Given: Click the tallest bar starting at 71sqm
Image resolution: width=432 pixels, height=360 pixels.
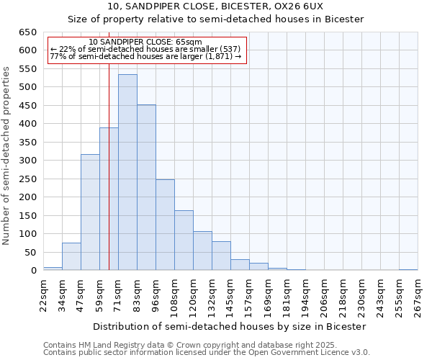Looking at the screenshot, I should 127,173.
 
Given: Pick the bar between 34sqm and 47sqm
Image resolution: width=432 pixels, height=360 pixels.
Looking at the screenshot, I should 71,256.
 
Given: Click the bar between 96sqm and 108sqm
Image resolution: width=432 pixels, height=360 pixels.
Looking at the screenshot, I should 165,225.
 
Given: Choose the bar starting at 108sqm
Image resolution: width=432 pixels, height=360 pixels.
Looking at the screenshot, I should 184,240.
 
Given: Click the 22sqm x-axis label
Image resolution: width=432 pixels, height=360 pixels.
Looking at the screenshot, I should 43,294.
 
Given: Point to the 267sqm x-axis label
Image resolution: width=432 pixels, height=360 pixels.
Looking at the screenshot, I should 418,294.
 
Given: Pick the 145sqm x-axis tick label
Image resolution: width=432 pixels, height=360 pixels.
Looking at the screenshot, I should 230,294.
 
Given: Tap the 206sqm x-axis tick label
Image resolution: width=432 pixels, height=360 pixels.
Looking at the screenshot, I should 324,294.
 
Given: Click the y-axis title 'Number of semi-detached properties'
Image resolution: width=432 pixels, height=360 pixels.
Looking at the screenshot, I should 6,156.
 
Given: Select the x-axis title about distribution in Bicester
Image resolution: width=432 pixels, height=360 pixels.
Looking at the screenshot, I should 230,326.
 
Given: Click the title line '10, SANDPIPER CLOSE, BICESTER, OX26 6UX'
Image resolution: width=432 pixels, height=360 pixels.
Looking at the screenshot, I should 215,6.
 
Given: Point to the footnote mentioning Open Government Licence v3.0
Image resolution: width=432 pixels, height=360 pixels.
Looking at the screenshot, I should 206,352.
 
